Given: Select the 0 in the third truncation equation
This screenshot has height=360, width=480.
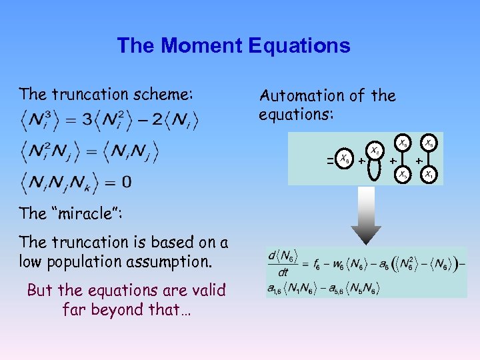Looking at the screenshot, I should point(127,181).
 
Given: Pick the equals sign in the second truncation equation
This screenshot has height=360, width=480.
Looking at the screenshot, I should point(99,151).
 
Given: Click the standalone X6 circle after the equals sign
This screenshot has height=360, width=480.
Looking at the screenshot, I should point(343,159).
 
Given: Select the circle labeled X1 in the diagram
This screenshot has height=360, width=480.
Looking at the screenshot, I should point(429,175).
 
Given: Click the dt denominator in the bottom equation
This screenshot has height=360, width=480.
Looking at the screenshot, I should point(283,271).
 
